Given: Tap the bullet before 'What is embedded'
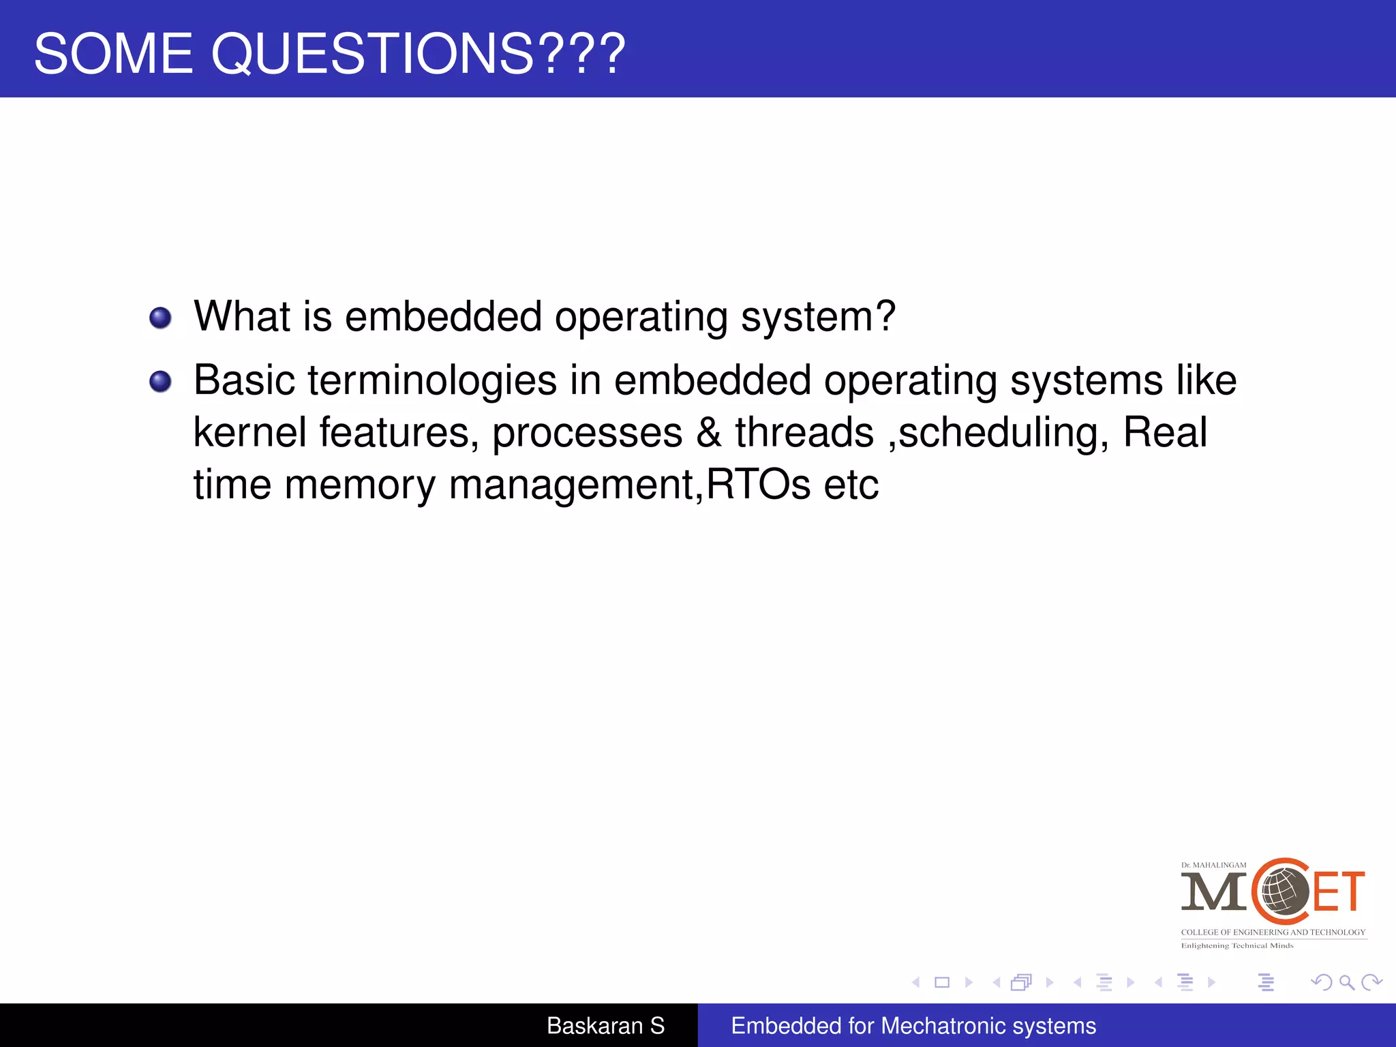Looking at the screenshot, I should pyautogui.click(x=160, y=318).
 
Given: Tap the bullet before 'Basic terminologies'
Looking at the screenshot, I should pyautogui.click(x=160, y=381).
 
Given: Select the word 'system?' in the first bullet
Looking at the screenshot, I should pyautogui.click(x=817, y=318).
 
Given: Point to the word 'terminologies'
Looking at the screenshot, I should pyautogui.click(x=432, y=380).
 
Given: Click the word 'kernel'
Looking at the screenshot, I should pyautogui.click(x=249, y=432).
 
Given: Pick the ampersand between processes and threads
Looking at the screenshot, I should pyautogui.click(x=708, y=432).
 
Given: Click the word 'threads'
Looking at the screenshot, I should pyautogui.click(x=804, y=432).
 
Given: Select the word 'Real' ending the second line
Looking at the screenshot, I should pyautogui.click(x=1164, y=432).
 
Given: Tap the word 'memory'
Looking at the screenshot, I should pyautogui.click(x=359, y=485).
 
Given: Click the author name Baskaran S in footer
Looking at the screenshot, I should pyautogui.click(x=605, y=1025).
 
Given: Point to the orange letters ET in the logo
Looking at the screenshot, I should pyautogui.click(x=1338, y=892).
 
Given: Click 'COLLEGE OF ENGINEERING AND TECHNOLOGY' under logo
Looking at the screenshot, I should pyautogui.click(x=1273, y=932).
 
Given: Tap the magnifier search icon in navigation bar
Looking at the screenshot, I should pyautogui.click(x=1346, y=982).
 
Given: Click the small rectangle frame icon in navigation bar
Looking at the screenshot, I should pyautogui.click(x=941, y=982).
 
